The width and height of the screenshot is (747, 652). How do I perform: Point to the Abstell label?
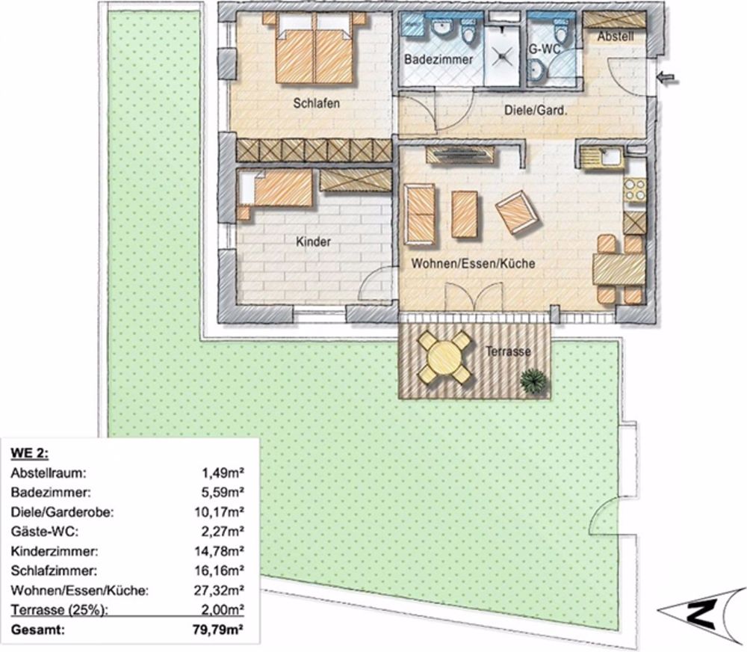click(616, 35)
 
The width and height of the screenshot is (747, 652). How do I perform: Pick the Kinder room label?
click(313, 242)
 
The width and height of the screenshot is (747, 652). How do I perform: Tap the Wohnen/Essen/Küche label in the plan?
click(472, 264)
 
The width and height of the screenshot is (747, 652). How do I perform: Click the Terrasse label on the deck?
click(507, 351)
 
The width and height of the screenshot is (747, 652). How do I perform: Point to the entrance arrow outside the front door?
click(668, 77)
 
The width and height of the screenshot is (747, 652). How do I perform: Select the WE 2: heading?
click(29, 453)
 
